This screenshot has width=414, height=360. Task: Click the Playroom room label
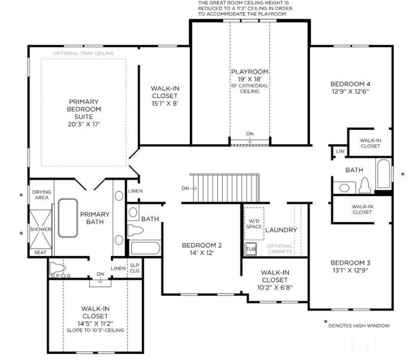[x=249, y=72]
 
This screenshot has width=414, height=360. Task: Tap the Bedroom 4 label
[x=350, y=84]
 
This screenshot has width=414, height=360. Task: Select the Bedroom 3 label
[x=350, y=262]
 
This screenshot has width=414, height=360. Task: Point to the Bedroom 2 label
[x=201, y=245]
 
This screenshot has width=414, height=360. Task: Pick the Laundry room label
[x=281, y=230]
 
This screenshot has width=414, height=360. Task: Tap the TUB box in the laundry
[x=250, y=249]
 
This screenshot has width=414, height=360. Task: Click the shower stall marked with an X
[x=40, y=229]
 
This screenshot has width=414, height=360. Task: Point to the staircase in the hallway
[x=224, y=188]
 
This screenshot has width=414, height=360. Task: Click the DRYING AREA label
[x=41, y=195]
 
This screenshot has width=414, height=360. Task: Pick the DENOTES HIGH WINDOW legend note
[x=359, y=325]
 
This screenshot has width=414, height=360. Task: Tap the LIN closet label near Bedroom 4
[x=340, y=151]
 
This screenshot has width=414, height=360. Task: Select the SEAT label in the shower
[x=40, y=253]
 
